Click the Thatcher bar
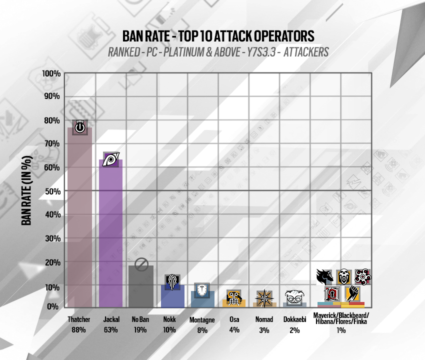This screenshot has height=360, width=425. click(x=79, y=220)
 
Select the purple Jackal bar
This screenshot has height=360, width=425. click(x=110, y=235)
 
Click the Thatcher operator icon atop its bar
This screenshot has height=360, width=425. click(x=79, y=127)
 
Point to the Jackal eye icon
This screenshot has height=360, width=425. click(x=110, y=159)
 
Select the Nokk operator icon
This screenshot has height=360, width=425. click(x=172, y=282)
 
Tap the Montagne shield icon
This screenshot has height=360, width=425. click(x=202, y=289)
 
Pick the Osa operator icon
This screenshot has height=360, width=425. click(x=233, y=297)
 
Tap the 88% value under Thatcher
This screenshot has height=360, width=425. click(x=79, y=329)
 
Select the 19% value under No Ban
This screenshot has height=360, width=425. click(x=140, y=329)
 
